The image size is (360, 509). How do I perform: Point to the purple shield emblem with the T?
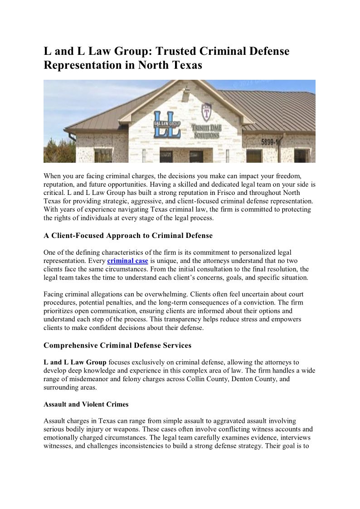[207, 112]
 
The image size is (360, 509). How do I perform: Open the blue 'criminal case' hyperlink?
[127, 261]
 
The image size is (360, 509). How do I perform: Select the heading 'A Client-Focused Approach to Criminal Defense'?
[128, 236]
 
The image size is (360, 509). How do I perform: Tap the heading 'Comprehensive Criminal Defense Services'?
[117, 345]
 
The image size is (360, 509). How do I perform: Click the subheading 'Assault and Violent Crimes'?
[86, 404]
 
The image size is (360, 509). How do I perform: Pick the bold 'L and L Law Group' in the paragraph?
[75, 362]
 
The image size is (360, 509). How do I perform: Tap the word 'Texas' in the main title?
[186, 65]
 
